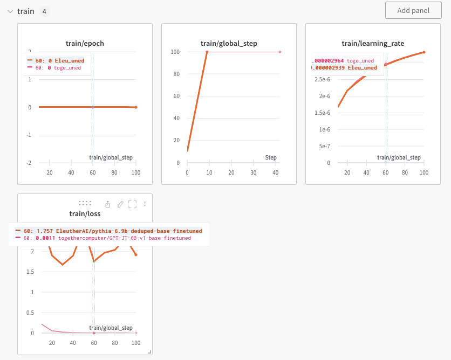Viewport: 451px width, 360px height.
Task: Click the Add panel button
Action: coord(413,11)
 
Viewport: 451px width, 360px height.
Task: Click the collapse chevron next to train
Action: coord(10,11)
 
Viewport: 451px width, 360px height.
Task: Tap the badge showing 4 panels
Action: coord(44,11)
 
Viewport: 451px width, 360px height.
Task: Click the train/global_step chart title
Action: coord(229,44)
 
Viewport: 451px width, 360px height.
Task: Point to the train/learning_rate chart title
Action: coord(373,44)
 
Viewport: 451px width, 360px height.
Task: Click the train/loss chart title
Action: coord(85,214)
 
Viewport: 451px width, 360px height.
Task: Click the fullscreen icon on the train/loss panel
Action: coord(133,204)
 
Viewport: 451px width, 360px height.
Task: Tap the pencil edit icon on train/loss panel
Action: coord(120,204)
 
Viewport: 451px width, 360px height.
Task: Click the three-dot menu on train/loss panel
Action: coord(145,204)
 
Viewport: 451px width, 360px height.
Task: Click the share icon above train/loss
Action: coord(108,204)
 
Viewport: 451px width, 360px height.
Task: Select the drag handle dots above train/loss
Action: coord(85,203)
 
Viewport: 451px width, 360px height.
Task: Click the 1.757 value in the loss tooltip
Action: coord(46,231)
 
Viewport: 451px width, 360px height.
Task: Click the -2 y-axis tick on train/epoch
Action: coord(29,163)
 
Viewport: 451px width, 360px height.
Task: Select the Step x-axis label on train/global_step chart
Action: coord(271,157)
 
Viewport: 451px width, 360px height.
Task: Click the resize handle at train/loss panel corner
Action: coord(149,352)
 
